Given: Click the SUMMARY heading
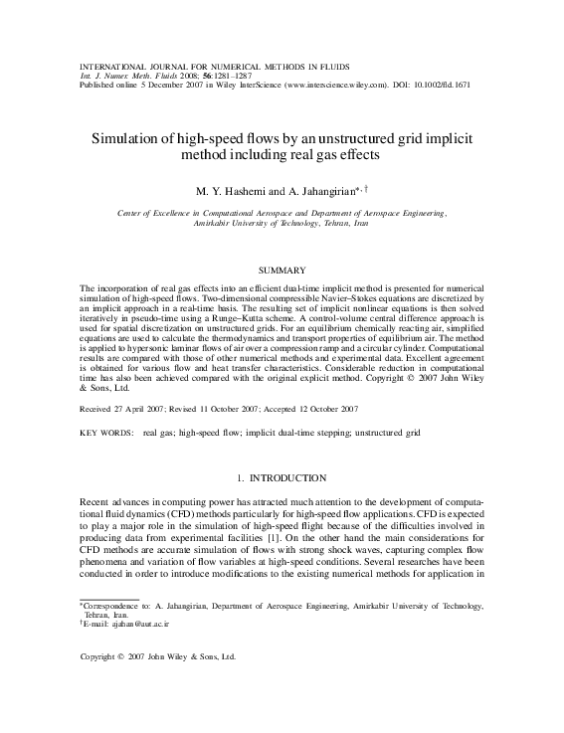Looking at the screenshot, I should [282, 271].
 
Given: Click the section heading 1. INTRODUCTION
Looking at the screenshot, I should [282, 478].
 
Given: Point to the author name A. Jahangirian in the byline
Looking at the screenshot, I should [317, 190].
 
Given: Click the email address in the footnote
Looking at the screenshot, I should [128, 624].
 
